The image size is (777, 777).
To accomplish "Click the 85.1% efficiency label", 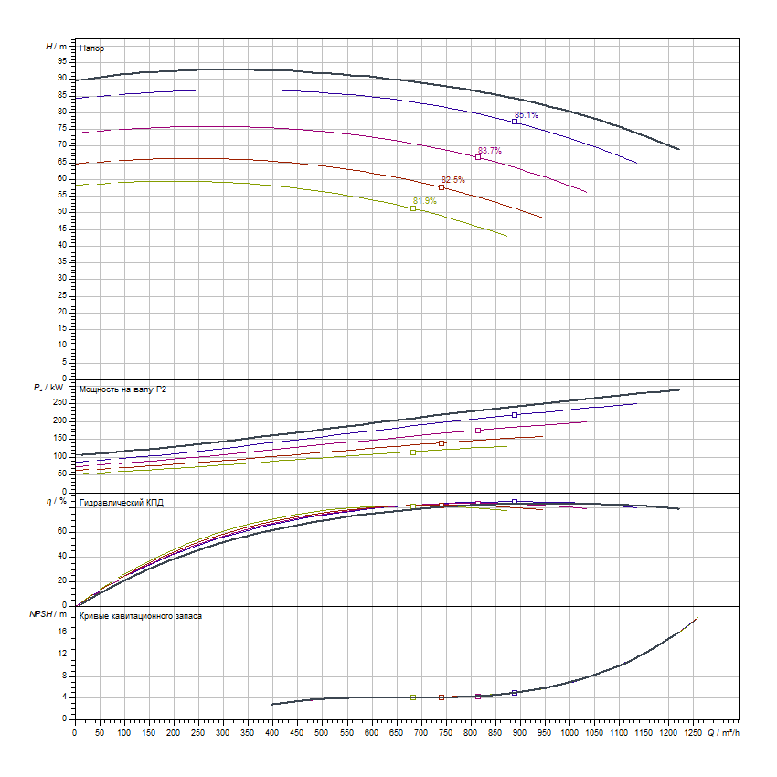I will tap(527, 115).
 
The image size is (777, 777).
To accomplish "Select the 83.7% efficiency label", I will tap(490, 150).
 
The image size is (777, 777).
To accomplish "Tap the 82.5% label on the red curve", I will tap(453, 180).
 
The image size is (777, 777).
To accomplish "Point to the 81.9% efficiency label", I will tap(425, 201).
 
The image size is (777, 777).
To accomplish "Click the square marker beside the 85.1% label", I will tap(515, 122).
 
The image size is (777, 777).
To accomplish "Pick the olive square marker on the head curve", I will tap(413, 208).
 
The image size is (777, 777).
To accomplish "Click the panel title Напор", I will tap(91, 47).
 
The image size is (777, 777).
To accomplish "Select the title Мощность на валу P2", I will tap(123, 389).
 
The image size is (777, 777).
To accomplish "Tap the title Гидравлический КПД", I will tap(122, 503).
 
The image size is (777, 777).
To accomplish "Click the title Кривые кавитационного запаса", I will tap(141, 616).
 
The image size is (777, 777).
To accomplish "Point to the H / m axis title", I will tap(56, 45).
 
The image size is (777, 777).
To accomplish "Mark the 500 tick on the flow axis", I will tap(322, 731).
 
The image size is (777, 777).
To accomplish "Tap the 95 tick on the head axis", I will tap(62, 61).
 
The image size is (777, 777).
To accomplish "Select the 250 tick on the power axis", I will tap(60, 403).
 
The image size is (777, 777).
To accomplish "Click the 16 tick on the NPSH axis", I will tap(63, 632).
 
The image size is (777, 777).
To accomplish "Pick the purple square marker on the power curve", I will tap(478, 431).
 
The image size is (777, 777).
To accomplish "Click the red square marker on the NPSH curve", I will tap(442, 697).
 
